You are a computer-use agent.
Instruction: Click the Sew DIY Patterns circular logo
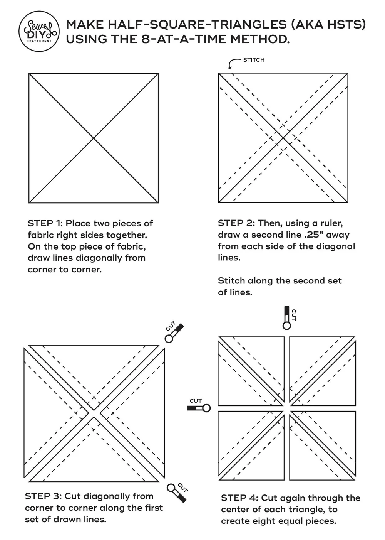pos(39,31)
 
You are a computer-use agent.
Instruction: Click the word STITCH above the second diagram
pos(254,60)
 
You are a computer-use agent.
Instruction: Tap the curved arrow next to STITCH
pos(233,63)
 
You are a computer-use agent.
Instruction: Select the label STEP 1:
pos(45,223)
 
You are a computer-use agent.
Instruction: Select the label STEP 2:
pos(236,223)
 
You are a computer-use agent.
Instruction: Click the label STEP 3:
pos(43,496)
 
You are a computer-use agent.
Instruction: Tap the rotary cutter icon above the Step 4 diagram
pos(287,318)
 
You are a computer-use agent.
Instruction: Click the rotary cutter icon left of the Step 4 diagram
pos(199,408)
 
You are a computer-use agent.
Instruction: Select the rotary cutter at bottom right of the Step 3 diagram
pos(177,493)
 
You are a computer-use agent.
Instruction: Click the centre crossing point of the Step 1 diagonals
pos(94,138)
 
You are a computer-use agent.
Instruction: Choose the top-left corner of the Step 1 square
pos(29,74)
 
